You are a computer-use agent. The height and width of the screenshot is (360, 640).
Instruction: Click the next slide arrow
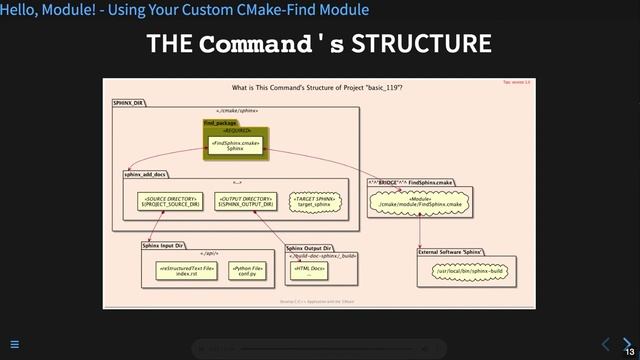625,343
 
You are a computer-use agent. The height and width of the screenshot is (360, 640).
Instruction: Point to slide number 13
629,353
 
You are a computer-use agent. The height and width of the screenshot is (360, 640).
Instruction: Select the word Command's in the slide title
271,45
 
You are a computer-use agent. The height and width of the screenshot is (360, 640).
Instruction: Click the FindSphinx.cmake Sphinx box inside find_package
236,145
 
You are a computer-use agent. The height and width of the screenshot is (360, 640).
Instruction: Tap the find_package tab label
219,123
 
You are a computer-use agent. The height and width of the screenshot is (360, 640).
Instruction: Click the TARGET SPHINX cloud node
312,202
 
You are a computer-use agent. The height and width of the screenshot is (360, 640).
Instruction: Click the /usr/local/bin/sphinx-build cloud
462,271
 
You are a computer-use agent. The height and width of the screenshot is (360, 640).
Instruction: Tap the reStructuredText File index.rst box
187,270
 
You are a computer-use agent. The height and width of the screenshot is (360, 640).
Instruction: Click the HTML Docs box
309,270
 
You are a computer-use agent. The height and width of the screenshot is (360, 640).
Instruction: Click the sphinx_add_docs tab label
145,174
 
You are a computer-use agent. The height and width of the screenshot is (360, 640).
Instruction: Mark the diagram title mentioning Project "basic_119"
318,88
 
